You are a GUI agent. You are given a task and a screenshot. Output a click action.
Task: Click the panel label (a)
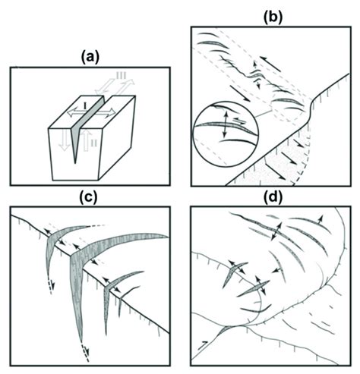pyautogui.click(x=90, y=58)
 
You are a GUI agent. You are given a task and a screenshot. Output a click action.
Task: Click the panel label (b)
pyautogui.click(x=273, y=17)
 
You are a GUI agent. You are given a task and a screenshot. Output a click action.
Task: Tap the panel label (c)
pyautogui.click(x=89, y=198)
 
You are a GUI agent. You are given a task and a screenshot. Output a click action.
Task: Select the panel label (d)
pyautogui.click(x=273, y=198)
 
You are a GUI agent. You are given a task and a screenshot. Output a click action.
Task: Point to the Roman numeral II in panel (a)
pyautogui.click(x=93, y=143)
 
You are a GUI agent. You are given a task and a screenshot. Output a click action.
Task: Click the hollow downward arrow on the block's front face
pyautogui.click(x=64, y=139)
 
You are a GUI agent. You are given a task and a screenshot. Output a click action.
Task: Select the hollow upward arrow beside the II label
pyautogui.click(x=86, y=139)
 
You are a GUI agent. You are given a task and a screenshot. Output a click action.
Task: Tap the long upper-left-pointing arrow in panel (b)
pyautogui.click(x=270, y=64)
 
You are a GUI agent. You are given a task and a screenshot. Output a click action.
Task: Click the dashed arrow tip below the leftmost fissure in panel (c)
pyautogui.click(x=53, y=286)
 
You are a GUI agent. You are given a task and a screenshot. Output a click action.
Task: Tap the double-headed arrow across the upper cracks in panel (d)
pyautogui.click(x=276, y=231)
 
